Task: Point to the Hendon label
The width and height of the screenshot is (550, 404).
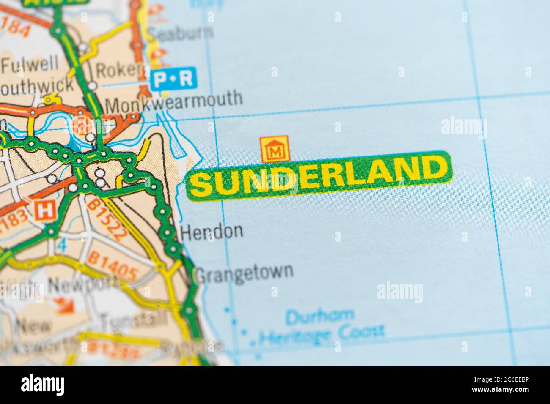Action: coord(212,231)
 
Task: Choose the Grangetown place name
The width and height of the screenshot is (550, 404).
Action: coord(245,272)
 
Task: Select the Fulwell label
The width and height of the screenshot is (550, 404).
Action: coord(30,65)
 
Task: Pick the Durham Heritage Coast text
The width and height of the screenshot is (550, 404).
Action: coord(322,325)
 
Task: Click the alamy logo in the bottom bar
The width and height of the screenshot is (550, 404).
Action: coord(43,385)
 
